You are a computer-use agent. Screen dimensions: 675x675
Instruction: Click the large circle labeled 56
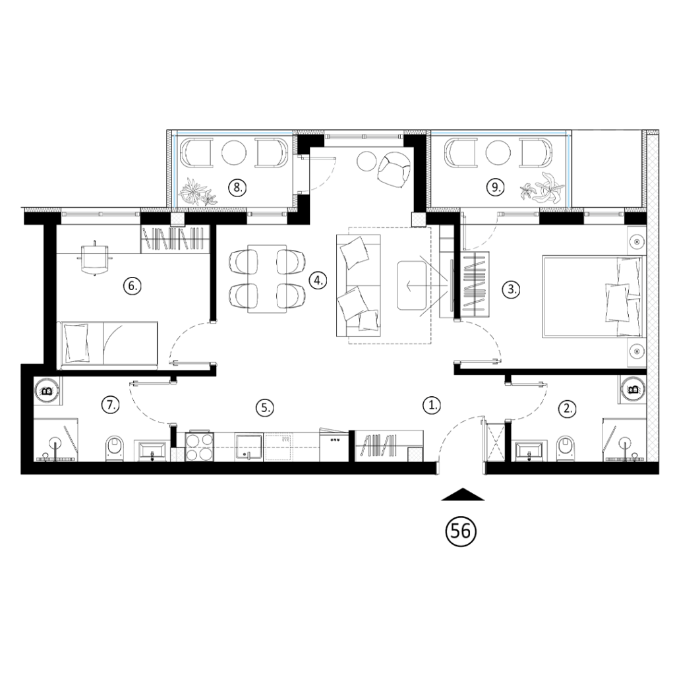pyautogui.click(x=460, y=532)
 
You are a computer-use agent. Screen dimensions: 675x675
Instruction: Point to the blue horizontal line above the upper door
pyautogui.click(x=234, y=133)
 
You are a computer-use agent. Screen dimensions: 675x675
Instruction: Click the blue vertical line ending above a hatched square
pyautogui.click(x=175, y=170)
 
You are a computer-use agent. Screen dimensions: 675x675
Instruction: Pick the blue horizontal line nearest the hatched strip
pyautogui.click(x=499, y=133)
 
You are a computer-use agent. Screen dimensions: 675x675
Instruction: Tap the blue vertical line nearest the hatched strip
pyautogui.click(x=568, y=170)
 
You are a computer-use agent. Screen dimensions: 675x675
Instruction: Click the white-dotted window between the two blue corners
pyautogui.click(x=364, y=136)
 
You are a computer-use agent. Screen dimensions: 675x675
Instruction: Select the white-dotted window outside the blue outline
pyautogui.click(x=101, y=214)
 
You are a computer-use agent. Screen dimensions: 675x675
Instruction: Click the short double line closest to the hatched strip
pyautogui.click(x=604, y=214)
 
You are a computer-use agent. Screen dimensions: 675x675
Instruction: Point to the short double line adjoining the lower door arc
pyautogui.click(x=519, y=214)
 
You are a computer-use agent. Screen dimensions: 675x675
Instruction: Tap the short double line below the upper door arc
pyautogui.click(x=267, y=214)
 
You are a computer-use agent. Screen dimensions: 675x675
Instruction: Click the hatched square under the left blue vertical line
pyautogui.click(x=177, y=220)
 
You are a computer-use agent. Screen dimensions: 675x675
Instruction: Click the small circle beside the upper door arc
pyautogui.click(x=237, y=189)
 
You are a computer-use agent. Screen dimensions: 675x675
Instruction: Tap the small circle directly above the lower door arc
pyautogui.click(x=494, y=188)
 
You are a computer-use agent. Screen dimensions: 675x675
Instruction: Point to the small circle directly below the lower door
pyautogui.click(x=510, y=290)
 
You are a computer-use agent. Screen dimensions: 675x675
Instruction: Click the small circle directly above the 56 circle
pyautogui.click(x=431, y=406)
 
